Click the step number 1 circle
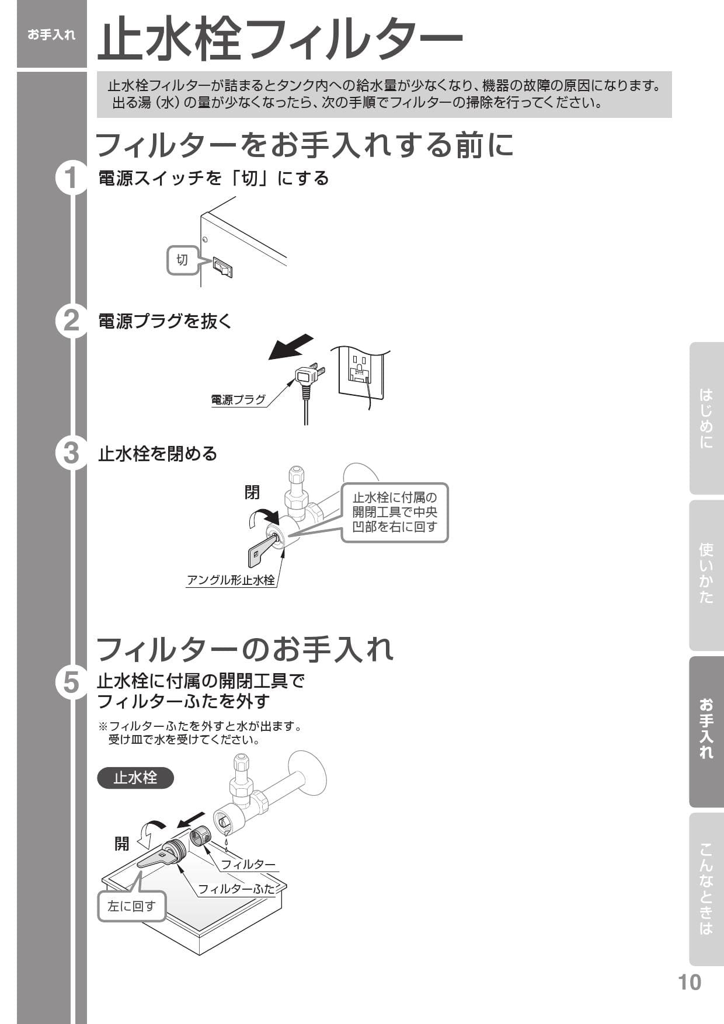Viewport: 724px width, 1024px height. point(71,177)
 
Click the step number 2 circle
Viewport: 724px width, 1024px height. point(71,321)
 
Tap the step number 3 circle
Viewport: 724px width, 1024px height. point(71,452)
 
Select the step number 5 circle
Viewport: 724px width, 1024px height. point(71,681)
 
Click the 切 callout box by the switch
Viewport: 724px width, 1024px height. point(182,260)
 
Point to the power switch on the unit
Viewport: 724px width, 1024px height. point(222,267)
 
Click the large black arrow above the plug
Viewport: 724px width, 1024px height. point(291,347)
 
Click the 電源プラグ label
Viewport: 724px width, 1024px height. point(238,400)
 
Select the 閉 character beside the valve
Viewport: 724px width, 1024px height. point(252,492)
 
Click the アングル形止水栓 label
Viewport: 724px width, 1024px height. point(231,580)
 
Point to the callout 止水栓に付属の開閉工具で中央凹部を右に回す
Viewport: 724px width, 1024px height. point(395,512)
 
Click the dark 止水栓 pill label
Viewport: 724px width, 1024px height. point(135,778)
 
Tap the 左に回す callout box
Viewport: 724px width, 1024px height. point(132,906)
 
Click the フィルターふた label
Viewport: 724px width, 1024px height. point(236,889)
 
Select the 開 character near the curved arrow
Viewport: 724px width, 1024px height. point(121,844)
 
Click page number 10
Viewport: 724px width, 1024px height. point(689,982)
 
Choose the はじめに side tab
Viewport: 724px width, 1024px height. point(706,418)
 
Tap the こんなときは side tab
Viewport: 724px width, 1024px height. point(706,889)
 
